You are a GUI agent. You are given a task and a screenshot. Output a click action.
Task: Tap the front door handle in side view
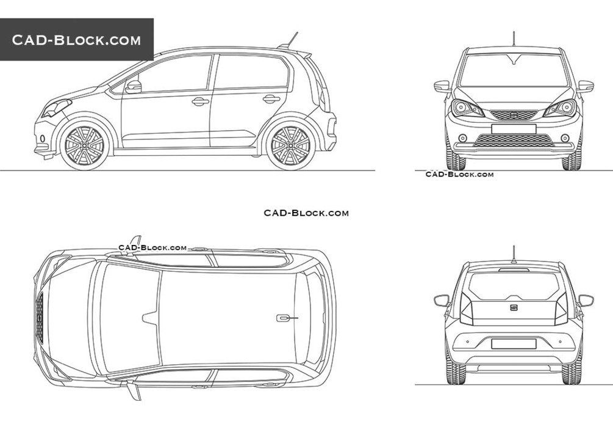click(200, 101)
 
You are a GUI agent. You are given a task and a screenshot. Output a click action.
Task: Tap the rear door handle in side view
click(271, 98)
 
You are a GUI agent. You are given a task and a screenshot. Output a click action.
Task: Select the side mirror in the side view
click(134, 87)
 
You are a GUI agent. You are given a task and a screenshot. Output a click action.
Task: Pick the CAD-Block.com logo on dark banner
click(77, 40)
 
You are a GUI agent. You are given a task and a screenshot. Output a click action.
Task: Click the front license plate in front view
click(513, 129)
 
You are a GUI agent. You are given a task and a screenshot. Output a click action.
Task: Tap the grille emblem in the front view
click(514, 114)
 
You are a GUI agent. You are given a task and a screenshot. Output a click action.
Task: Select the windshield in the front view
click(514, 70)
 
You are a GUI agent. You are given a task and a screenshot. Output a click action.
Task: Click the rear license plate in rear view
click(513, 344)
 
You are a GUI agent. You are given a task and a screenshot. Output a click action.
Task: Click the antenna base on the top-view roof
click(283, 318)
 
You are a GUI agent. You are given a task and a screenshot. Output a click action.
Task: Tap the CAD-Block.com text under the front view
click(459, 175)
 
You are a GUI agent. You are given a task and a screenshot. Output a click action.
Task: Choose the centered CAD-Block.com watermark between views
click(306, 213)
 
